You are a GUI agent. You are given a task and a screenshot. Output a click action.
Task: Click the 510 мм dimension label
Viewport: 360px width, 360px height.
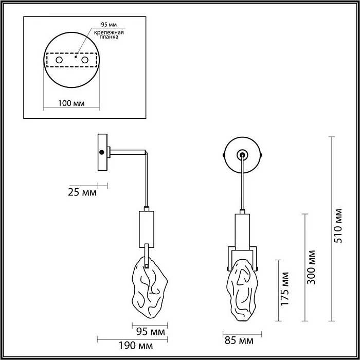(x=338, y=226)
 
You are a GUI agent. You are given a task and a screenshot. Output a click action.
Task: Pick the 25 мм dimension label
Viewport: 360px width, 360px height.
(x=82, y=193)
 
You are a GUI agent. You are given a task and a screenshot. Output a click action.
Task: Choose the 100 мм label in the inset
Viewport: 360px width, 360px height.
(x=71, y=103)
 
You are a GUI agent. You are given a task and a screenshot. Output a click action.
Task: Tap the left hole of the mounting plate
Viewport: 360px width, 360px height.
(x=59, y=61)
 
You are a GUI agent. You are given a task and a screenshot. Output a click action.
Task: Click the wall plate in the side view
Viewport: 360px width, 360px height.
(x=103, y=152)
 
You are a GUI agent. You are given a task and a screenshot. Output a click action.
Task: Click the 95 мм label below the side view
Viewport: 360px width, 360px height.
(x=150, y=331)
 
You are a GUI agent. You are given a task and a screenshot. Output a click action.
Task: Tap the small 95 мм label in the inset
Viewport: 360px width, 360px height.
(x=107, y=24)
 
